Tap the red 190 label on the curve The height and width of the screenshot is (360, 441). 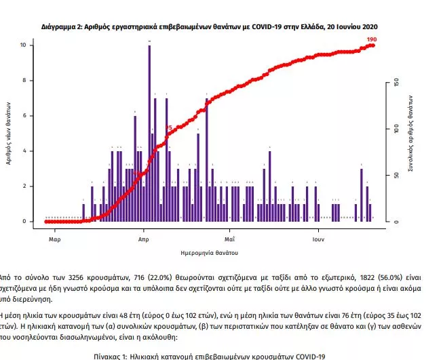(371, 40)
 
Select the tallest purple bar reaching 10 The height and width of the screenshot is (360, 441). (149, 133)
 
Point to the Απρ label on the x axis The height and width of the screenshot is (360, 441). (144, 239)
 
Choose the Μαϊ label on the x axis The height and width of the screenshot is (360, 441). (229, 239)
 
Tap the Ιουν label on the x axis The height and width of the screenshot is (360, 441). (318, 239)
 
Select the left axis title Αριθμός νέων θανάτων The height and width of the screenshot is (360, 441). (9, 133)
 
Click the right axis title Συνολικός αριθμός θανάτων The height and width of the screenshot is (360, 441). (410, 133)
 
